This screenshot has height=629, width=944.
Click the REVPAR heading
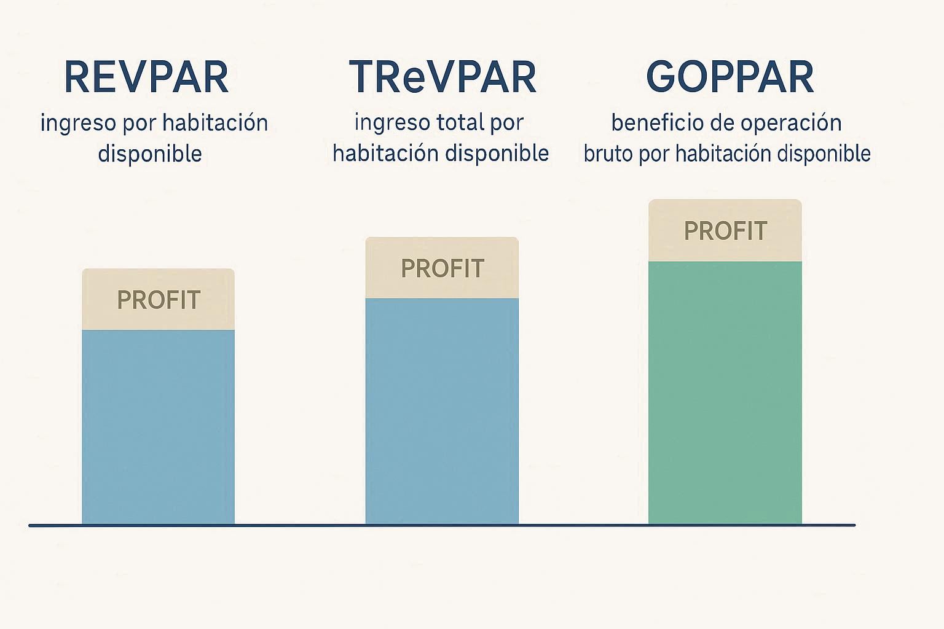146,77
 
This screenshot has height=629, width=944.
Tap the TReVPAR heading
442,77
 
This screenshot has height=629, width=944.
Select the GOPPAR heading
730,77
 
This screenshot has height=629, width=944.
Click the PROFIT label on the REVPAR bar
159,300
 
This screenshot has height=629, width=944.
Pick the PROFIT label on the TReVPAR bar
442,268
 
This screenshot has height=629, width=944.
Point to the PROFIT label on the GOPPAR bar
725,232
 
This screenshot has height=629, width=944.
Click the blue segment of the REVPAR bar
159,427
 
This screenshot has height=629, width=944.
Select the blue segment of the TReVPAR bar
442,412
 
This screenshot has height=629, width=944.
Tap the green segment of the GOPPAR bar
725,393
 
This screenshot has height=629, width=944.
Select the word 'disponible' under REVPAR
150,154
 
